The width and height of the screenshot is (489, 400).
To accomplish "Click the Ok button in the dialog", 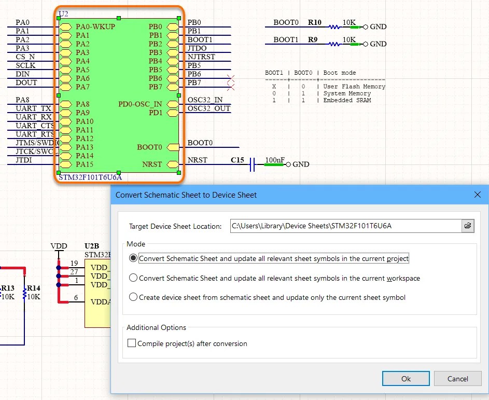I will [406, 379].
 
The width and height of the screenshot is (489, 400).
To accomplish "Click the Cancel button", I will [457, 379].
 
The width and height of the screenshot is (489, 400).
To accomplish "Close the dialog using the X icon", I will [478, 195].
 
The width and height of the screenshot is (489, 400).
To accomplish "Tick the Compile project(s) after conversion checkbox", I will [132, 343].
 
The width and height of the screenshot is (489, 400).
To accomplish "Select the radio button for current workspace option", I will [133, 278].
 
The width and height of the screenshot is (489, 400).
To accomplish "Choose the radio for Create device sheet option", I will [133, 297].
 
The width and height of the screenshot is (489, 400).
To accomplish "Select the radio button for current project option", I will [133, 258].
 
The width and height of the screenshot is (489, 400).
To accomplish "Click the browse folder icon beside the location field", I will [468, 226].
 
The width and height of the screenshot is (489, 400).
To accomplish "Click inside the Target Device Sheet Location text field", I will [345, 226].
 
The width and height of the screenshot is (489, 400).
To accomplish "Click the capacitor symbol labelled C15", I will [252, 164].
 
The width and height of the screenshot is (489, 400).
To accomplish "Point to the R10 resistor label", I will [314, 23].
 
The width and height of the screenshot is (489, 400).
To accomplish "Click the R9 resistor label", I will [312, 39].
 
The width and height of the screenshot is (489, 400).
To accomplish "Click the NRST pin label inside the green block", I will [152, 164].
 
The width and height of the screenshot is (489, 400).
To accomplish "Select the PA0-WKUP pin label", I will [95, 26].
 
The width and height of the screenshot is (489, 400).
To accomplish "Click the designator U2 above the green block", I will [63, 13].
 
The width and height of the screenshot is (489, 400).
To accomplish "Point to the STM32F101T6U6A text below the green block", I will [90, 177].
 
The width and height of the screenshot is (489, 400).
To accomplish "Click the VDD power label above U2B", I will [59, 245].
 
